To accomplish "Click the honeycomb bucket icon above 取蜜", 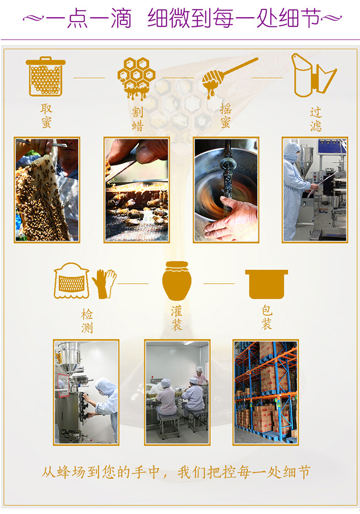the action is [x=46, y=76].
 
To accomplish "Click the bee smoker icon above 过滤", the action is [x=314, y=75].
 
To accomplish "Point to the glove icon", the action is [x=104, y=283].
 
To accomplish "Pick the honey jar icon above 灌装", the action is [x=177, y=281].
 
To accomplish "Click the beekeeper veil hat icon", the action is [x=72, y=281].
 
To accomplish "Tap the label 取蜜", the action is [x=47, y=116].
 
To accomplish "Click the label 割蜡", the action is [x=138, y=119].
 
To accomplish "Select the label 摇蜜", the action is [x=226, y=116].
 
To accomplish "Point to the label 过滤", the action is [x=316, y=119].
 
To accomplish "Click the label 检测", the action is [x=87, y=321].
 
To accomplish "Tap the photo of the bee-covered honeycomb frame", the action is [x=47, y=190].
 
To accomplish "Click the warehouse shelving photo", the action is [x=265, y=392].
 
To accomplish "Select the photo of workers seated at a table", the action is [x=177, y=392].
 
